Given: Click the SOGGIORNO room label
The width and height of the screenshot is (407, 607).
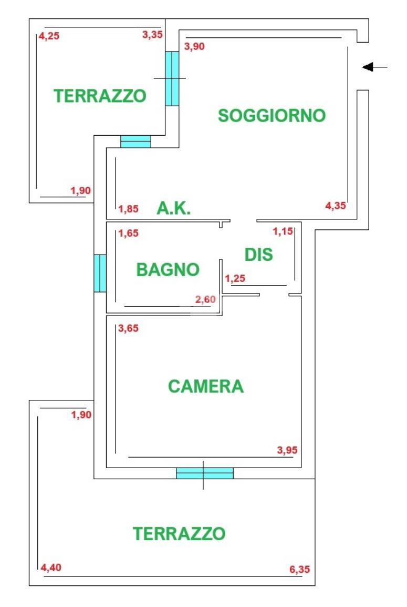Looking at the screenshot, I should click(x=272, y=115).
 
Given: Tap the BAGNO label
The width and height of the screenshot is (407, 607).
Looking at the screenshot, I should click(x=168, y=270).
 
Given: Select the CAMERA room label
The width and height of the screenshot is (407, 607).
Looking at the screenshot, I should click(x=206, y=387).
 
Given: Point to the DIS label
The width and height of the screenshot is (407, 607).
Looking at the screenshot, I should click(x=259, y=255).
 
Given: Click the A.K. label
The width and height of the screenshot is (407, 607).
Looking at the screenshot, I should click(x=174, y=209).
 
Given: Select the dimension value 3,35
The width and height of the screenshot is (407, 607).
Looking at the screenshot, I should click(x=153, y=35).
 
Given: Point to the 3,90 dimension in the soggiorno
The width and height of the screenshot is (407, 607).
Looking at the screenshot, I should click(x=194, y=46).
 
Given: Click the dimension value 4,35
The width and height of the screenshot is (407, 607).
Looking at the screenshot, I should click(x=336, y=206).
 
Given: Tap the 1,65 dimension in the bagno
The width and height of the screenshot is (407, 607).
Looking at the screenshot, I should click(x=129, y=234).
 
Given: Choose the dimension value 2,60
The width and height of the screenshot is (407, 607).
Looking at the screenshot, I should click(x=205, y=299).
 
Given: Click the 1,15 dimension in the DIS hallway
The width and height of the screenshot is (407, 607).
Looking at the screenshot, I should click(x=283, y=231).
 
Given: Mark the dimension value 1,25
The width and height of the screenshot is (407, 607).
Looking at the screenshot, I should click(x=235, y=279).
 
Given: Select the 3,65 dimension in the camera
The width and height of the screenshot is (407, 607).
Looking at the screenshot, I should click(x=129, y=329).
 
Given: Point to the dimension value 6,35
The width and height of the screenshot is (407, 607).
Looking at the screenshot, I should click(x=300, y=569).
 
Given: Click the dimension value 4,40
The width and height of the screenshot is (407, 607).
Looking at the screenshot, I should click(x=51, y=568).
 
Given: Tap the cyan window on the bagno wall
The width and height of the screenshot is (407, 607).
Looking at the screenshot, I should click(x=100, y=273).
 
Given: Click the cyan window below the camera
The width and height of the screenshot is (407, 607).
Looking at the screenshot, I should click(x=204, y=473).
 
